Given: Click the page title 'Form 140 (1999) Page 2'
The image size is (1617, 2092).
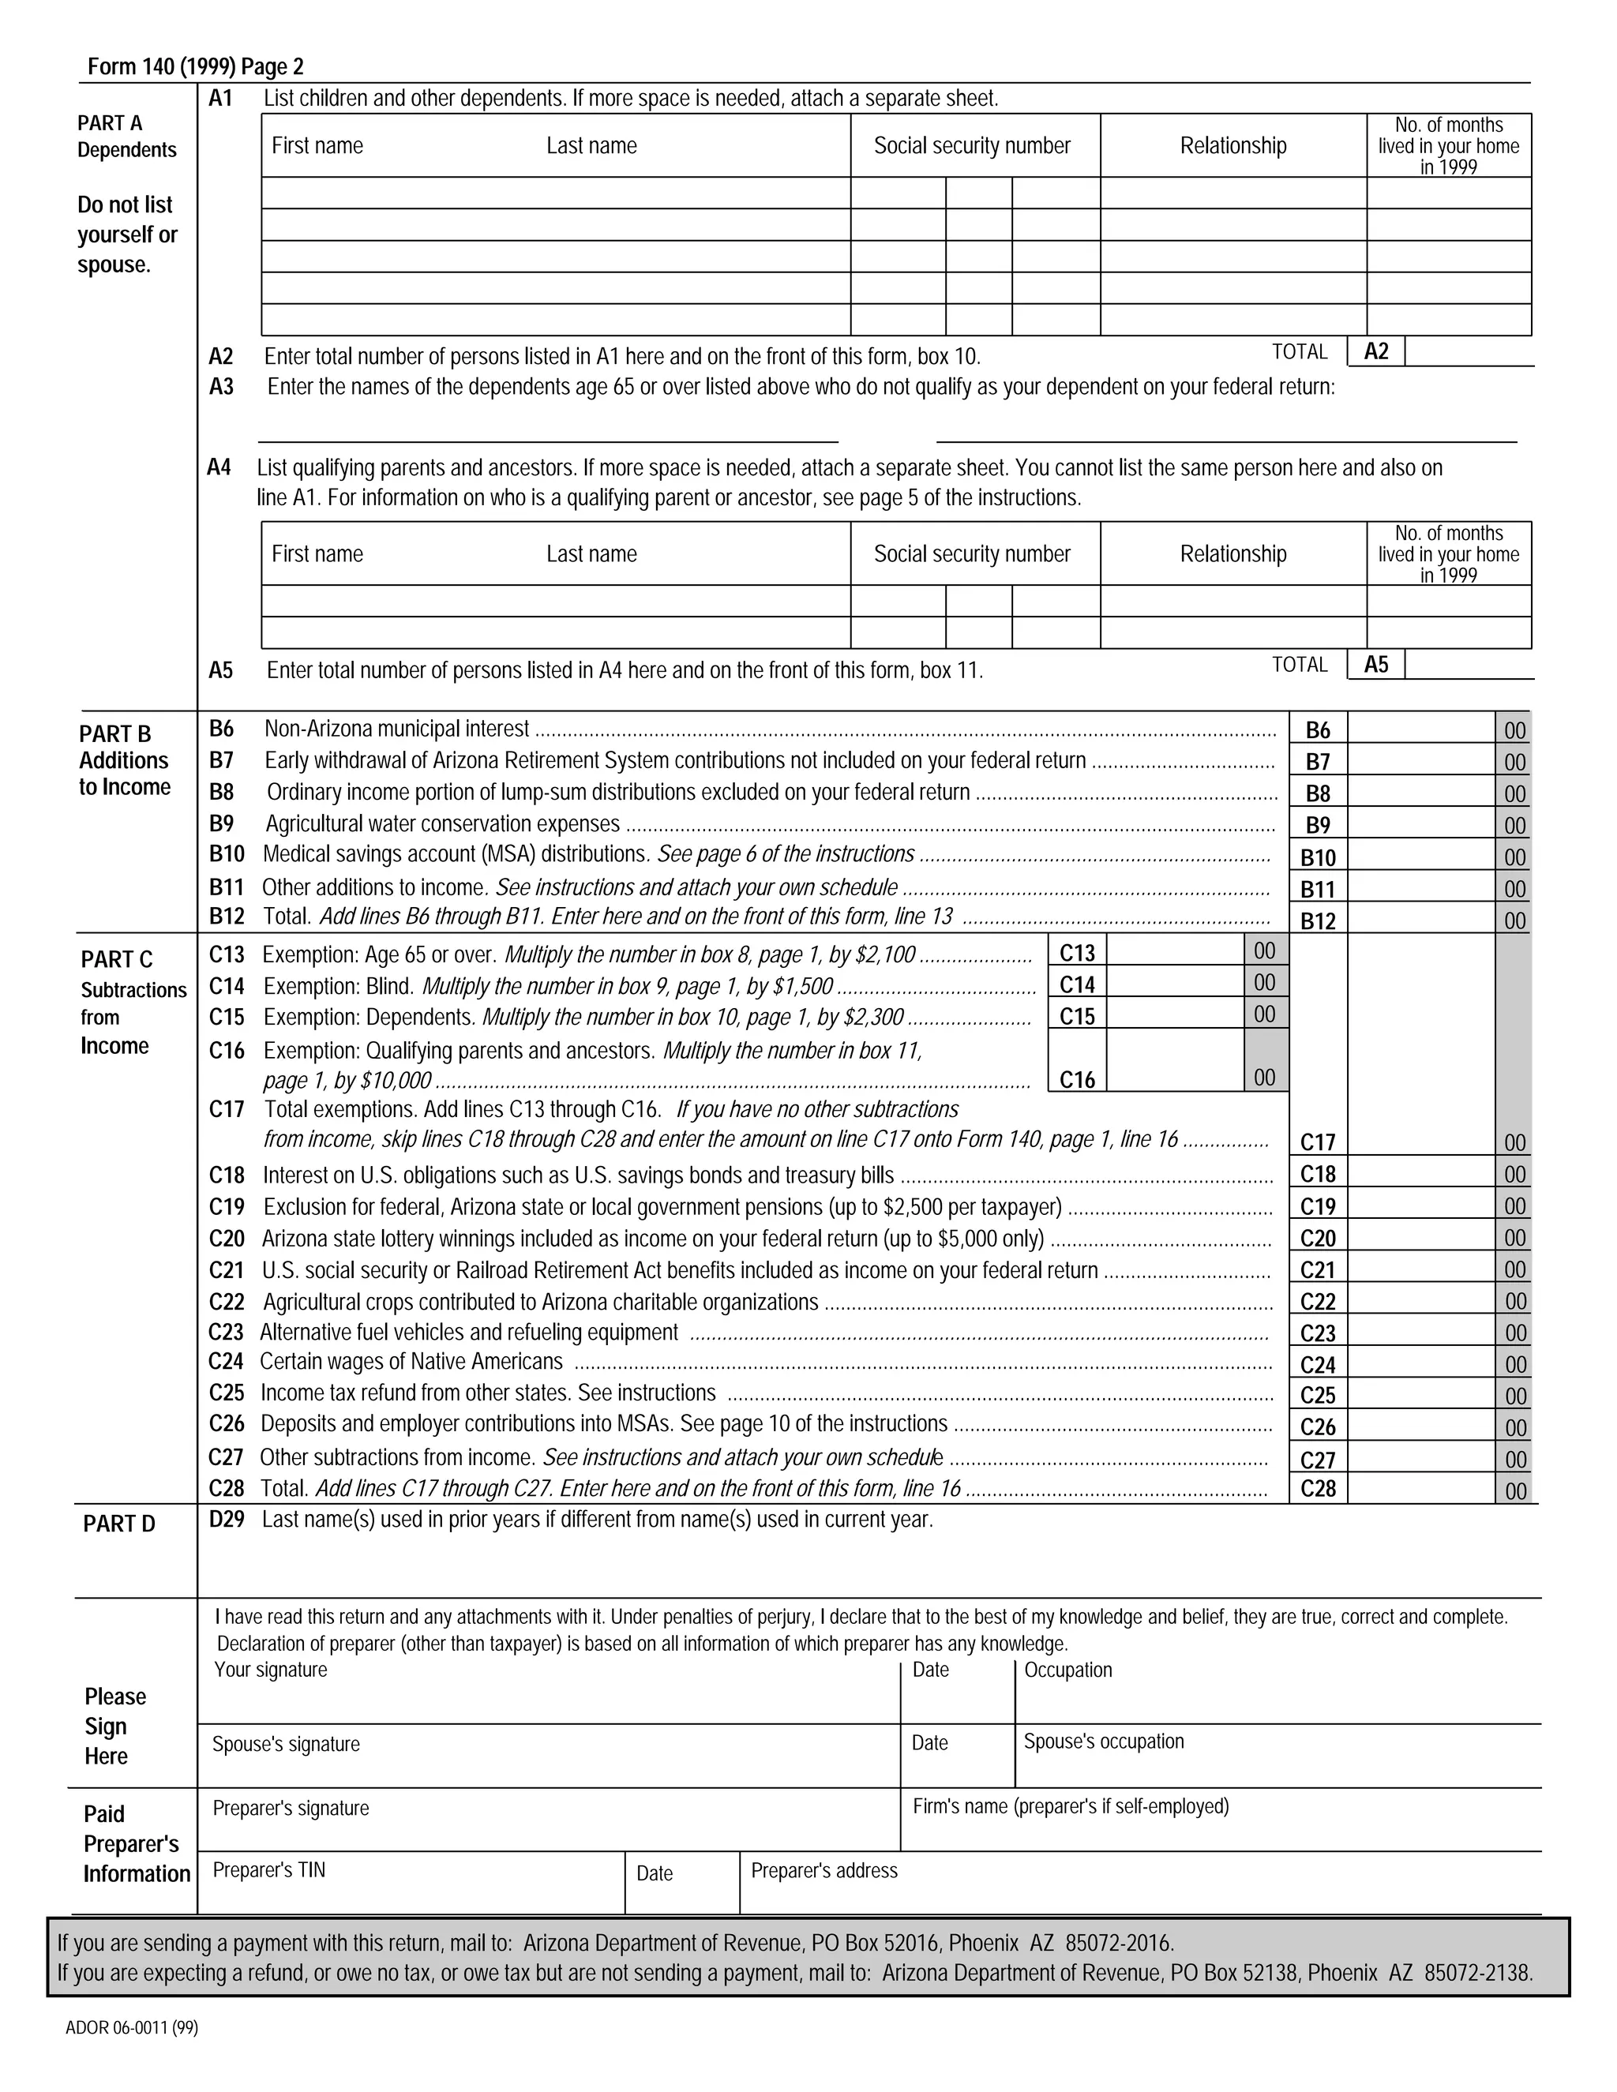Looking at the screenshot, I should pyautogui.click(x=196, y=66).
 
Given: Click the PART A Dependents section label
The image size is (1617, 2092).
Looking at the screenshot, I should pyautogui.click(x=126, y=136).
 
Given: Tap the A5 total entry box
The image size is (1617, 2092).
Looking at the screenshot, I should pyautogui.click(x=1468, y=665).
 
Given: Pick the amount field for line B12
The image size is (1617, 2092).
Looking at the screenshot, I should pyautogui.click(x=1420, y=920).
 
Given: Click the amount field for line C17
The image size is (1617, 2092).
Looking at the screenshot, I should pyautogui.click(x=1420, y=1141).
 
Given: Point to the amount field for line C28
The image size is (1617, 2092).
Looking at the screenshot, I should pyautogui.click(x=1420, y=1487).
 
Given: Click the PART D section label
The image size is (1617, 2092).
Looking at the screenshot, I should pyautogui.click(x=118, y=1524).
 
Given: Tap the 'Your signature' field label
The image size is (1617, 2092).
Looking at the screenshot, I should pyautogui.click(x=270, y=1670).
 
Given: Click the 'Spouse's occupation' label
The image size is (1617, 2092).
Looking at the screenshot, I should pyautogui.click(x=1104, y=1741).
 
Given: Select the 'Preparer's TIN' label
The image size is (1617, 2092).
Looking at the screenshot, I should pyautogui.click(x=268, y=1869).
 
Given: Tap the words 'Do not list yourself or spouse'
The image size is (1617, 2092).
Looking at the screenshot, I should pyautogui.click(x=126, y=234).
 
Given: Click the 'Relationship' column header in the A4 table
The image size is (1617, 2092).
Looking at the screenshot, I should pyautogui.click(x=1232, y=553).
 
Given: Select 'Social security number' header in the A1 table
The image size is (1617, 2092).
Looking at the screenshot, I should pyautogui.click(x=971, y=145).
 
